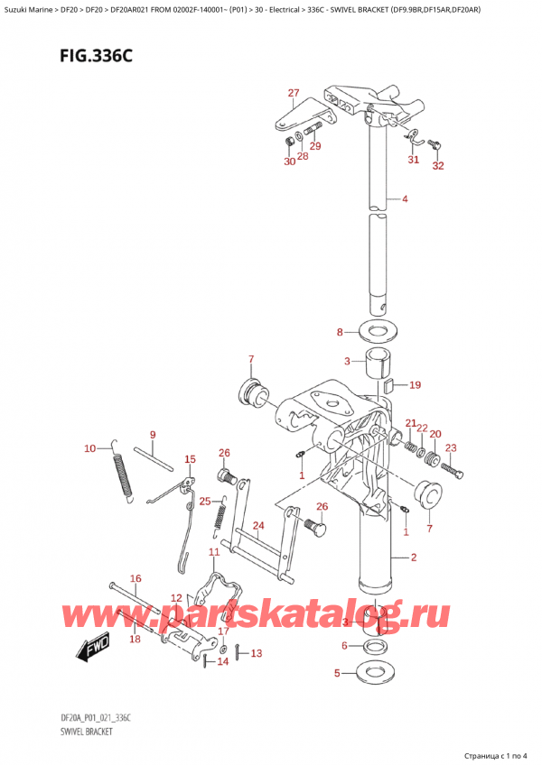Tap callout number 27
click(x=294, y=93)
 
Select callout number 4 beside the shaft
click(x=405, y=198)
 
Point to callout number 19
click(x=415, y=385)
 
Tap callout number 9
click(x=153, y=435)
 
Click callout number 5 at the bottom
click(x=338, y=673)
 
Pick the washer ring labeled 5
click(x=377, y=672)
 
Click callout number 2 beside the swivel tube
click(x=413, y=558)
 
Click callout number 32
click(x=439, y=166)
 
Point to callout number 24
click(x=257, y=526)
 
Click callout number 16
click(x=135, y=578)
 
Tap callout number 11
click(x=214, y=551)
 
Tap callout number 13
click(x=257, y=653)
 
